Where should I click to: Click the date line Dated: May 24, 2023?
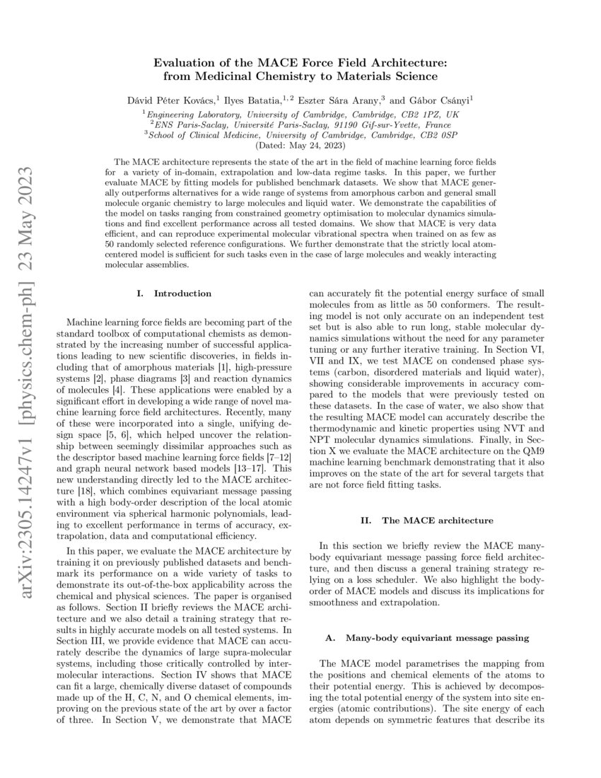tap(300, 144)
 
